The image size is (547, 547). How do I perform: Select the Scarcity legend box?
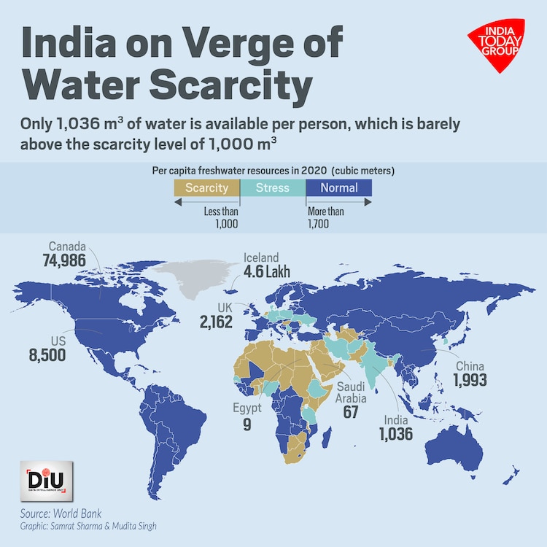[x=206, y=188]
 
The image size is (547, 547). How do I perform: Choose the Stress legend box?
[x=272, y=188]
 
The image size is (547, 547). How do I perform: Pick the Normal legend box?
[x=338, y=188]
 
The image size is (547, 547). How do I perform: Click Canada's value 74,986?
[x=63, y=261]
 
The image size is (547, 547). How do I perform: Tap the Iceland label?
[x=260, y=257]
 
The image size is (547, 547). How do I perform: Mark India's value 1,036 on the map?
[x=395, y=435]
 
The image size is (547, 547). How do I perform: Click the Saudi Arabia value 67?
[x=352, y=412]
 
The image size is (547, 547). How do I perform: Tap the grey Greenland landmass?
[x=191, y=281]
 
